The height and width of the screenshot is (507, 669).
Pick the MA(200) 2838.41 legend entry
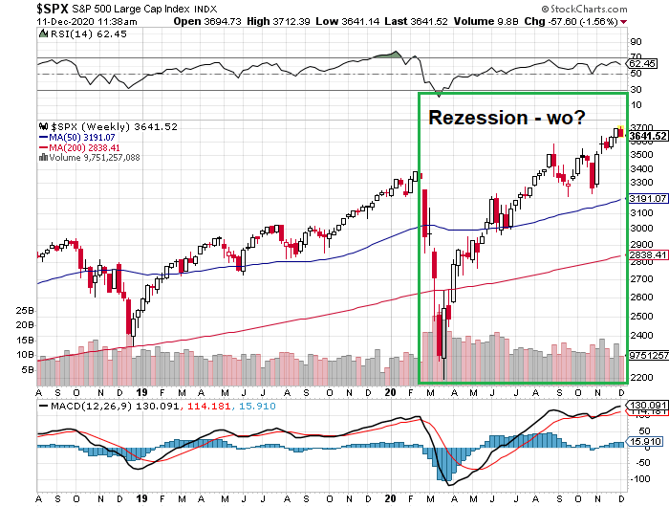coord(78,147)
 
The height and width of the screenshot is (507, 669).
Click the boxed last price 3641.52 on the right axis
coord(648,136)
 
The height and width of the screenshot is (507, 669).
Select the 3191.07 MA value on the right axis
coord(648,198)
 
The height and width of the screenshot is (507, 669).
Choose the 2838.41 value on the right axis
coord(648,255)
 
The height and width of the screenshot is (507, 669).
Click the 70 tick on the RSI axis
coord(635,43)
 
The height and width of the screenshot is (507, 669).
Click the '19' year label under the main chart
coord(140,392)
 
